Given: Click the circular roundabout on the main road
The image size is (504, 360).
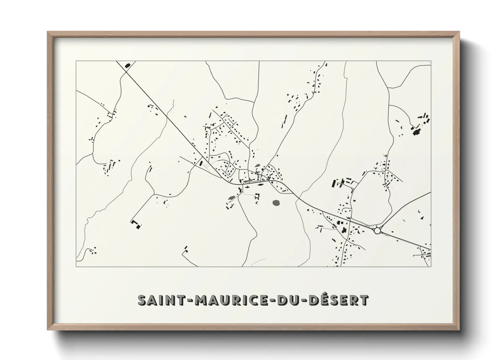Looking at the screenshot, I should [377, 231].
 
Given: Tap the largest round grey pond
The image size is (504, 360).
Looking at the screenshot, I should [276, 203].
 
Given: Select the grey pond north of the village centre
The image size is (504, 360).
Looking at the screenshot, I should [257, 166].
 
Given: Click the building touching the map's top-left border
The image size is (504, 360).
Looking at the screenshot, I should [128, 65].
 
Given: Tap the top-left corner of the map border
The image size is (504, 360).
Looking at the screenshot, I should [76, 61].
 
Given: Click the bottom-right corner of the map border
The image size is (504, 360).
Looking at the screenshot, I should [431, 267].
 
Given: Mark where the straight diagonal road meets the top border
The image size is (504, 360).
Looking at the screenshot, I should [116, 62].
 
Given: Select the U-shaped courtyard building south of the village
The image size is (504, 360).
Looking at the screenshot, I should [257, 197].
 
